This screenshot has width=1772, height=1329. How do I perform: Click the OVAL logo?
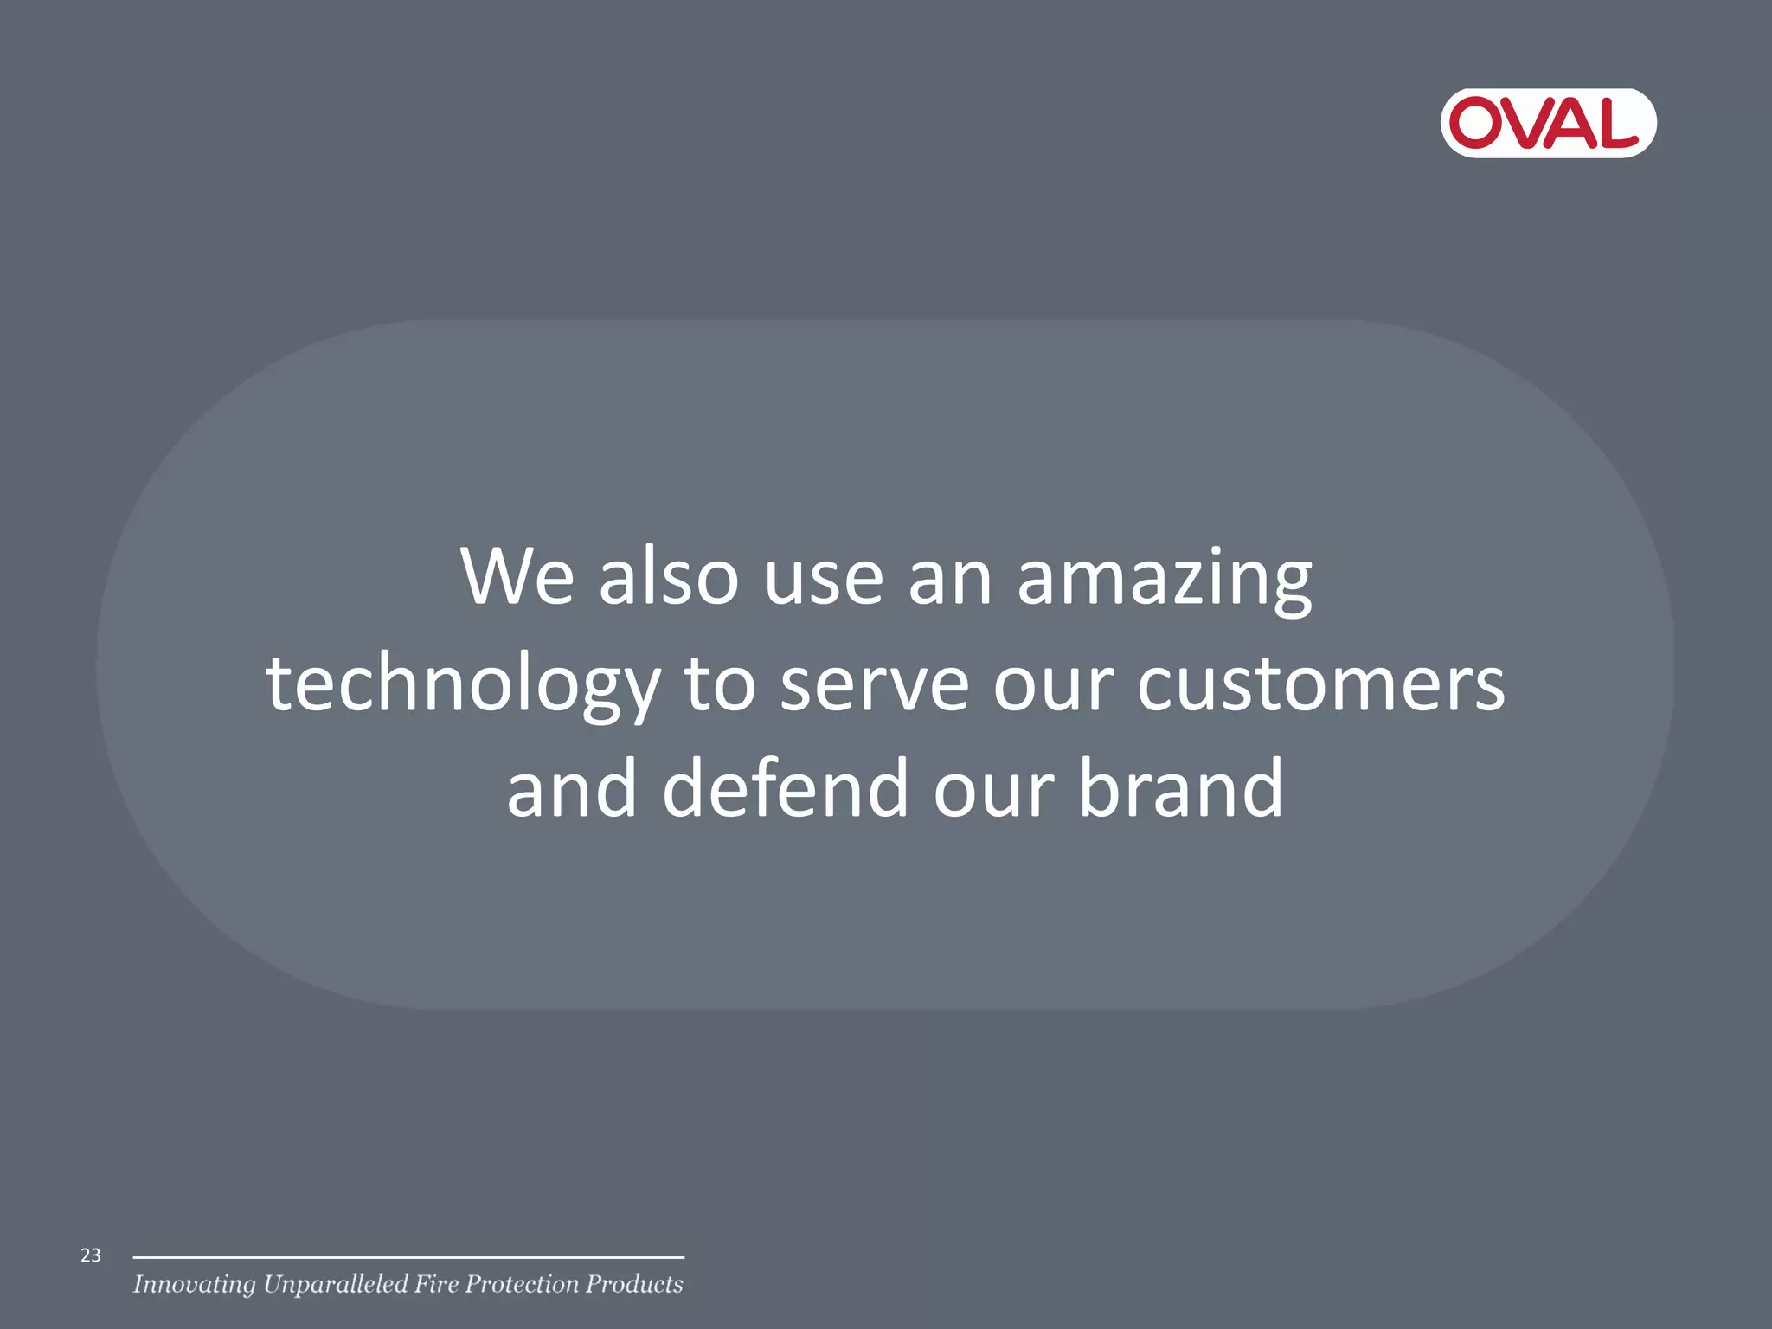pyautogui.click(x=1548, y=123)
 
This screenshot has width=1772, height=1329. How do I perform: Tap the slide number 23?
pyautogui.click(x=91, y=1255)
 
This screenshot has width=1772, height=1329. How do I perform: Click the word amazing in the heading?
pyautogui.click(x=1164, y=578)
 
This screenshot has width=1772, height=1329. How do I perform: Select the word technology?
pyautogui.click(x=463, y=685)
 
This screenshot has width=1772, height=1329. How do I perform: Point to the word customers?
pyautogui.click(x=1320, y=685)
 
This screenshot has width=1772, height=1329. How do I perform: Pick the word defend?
pyautogui.click(x=785, y=788)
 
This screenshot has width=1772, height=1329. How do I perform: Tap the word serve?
pyautogui.click(x=874, y=685)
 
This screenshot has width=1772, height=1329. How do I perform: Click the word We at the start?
pyautogui.click(x=517, y=576)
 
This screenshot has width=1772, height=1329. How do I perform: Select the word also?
pyautogui.click(x=669, y=576)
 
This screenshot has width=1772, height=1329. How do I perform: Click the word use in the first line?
pyautogui.click(x=824, y=578)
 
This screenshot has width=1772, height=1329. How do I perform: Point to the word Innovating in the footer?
pyautogui.click(x=194, y=1285)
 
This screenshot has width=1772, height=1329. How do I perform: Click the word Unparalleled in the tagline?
pyautogui.click(x=335, y=1285)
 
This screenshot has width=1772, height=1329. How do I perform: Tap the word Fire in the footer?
pyautogui.click(x=436, y=1284)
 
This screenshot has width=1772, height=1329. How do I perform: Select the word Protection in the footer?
pyautogui.click(x=522, y=1284)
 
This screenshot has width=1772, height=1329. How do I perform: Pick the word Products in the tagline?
pyautogui.click(x=634, y=1284)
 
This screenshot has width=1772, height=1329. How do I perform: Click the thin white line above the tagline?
pyautogui.click(x=408, y=1257)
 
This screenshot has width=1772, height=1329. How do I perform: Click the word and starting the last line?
pyautogui.click(x=571, y=788)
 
